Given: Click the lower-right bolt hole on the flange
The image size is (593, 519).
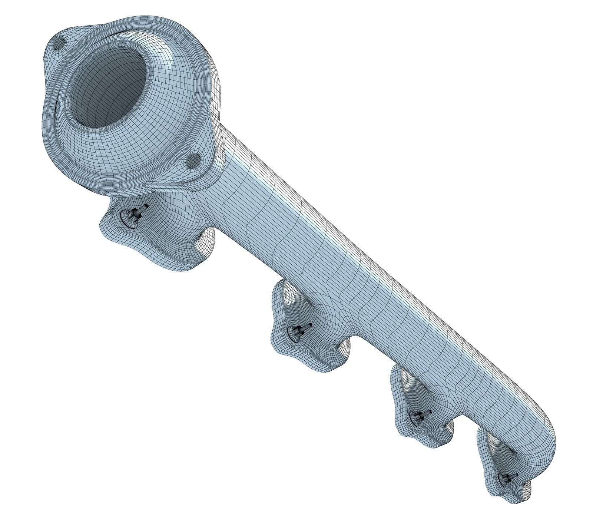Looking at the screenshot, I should click(x=193, y=162).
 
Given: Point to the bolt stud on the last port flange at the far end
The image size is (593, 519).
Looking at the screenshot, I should click(x=510, y=488).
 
